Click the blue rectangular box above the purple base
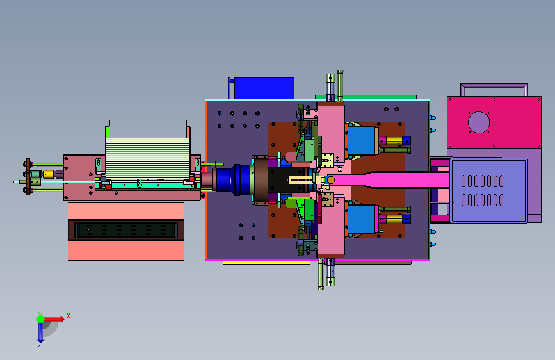click(264, 88)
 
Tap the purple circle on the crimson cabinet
click(479, 122)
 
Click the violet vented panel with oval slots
click(489, 191)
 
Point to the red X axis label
click(68, 316)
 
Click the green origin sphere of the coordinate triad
click(41, 319)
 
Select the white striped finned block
click(148, 158)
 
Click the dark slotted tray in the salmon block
click(126, 230)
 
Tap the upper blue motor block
click(362, 141)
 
